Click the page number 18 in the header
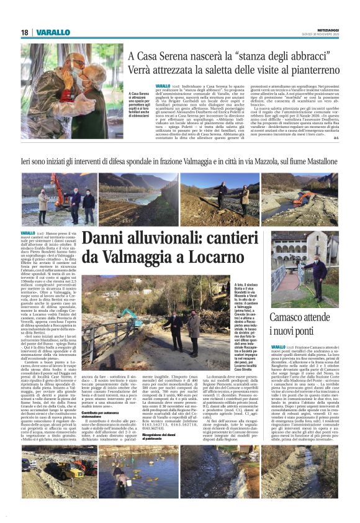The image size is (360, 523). pyautogui.click(x=24, y=32)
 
